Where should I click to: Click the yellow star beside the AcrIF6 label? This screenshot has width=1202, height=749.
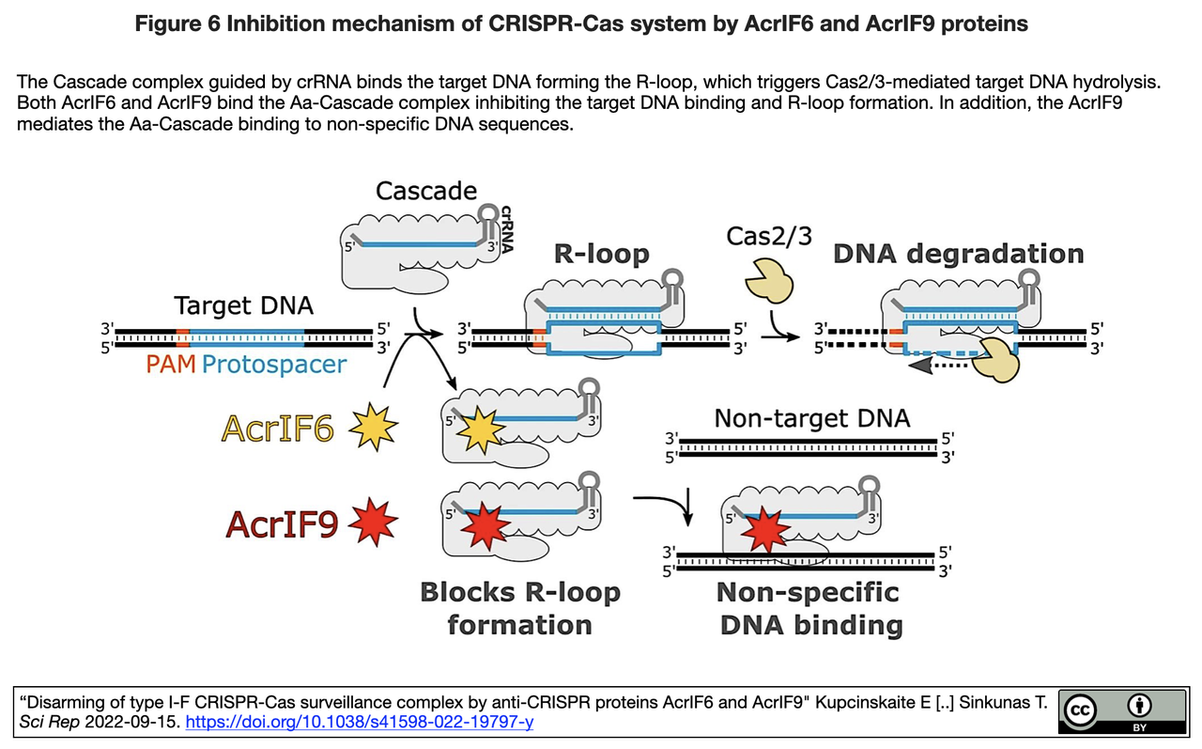(x=373, y=429)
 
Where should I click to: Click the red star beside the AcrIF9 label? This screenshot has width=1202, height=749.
(x=373, y=523)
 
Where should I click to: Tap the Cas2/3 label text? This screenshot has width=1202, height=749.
(x=769, y=235)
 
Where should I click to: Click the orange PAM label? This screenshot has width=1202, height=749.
(x=171, y=365)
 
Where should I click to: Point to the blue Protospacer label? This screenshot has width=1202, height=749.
(x=275, y=365)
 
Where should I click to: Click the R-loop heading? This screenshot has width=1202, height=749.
(x=601, y=254)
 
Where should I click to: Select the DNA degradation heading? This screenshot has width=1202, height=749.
(x=958, y=254)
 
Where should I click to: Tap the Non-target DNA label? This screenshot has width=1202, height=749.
(x=812, y=417)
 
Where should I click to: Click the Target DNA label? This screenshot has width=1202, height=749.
(x=244, y=306)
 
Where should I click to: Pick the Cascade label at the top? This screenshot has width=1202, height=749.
(x=426, y=191)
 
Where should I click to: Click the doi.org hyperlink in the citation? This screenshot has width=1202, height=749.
(x=361, y=722)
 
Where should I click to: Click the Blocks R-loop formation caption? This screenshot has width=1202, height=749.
(x=519, y=608)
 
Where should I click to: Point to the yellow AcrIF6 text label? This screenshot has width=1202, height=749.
(x=278, y=429)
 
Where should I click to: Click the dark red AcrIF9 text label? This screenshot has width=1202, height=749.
(x=282, y=523)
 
